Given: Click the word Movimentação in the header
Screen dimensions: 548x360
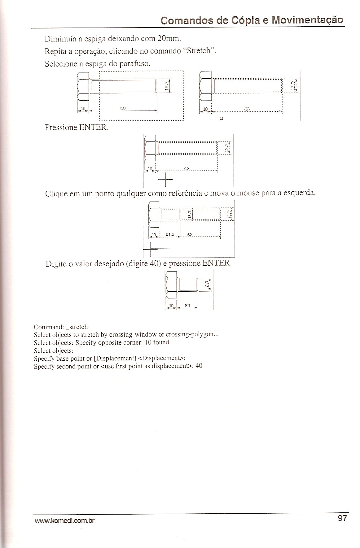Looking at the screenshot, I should coord(307,20).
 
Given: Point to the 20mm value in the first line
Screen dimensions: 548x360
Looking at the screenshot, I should coord(169,39).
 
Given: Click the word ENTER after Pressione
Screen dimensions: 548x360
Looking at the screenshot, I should coord(93,128).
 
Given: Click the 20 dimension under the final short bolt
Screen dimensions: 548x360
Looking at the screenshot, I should coord(187,305).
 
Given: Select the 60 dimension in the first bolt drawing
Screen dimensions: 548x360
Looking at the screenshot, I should coord(123,108).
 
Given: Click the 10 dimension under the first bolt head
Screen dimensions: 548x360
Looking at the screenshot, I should coord(83,108).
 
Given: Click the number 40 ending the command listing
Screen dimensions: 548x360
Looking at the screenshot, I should coord(199,366).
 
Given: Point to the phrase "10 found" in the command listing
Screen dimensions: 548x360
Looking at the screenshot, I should coord(157,342).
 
